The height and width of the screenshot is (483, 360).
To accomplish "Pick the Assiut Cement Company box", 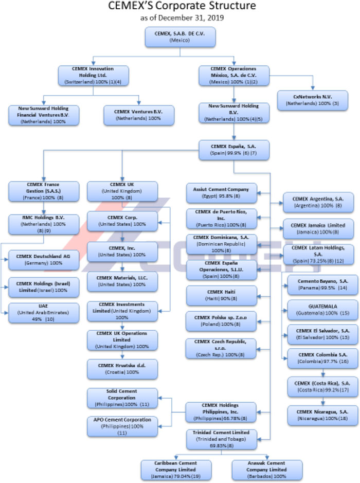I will [x=221, y=192].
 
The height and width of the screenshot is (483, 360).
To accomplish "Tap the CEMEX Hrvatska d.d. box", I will [x=122, y=368].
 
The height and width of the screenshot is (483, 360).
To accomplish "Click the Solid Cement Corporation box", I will [x=122, y=398].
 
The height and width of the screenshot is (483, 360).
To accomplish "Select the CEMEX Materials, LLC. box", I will [x=122, y=280].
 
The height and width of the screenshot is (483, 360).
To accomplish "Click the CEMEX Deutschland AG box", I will [x=44, y=259].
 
